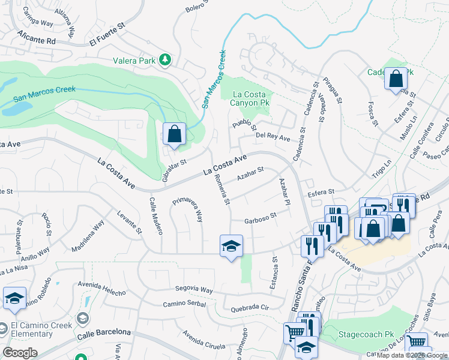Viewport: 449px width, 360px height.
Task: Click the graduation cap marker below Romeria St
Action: (231, 246)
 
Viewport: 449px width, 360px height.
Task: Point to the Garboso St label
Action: (260, 219)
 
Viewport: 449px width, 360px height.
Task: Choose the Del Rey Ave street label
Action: (273, 137)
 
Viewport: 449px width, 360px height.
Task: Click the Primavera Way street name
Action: (188, 210)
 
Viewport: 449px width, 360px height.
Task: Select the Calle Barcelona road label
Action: (104, 332)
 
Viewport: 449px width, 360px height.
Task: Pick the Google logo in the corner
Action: (20, 353)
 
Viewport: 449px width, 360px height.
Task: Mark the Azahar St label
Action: (250, 174)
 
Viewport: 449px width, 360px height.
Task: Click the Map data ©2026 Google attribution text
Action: (412, 355)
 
